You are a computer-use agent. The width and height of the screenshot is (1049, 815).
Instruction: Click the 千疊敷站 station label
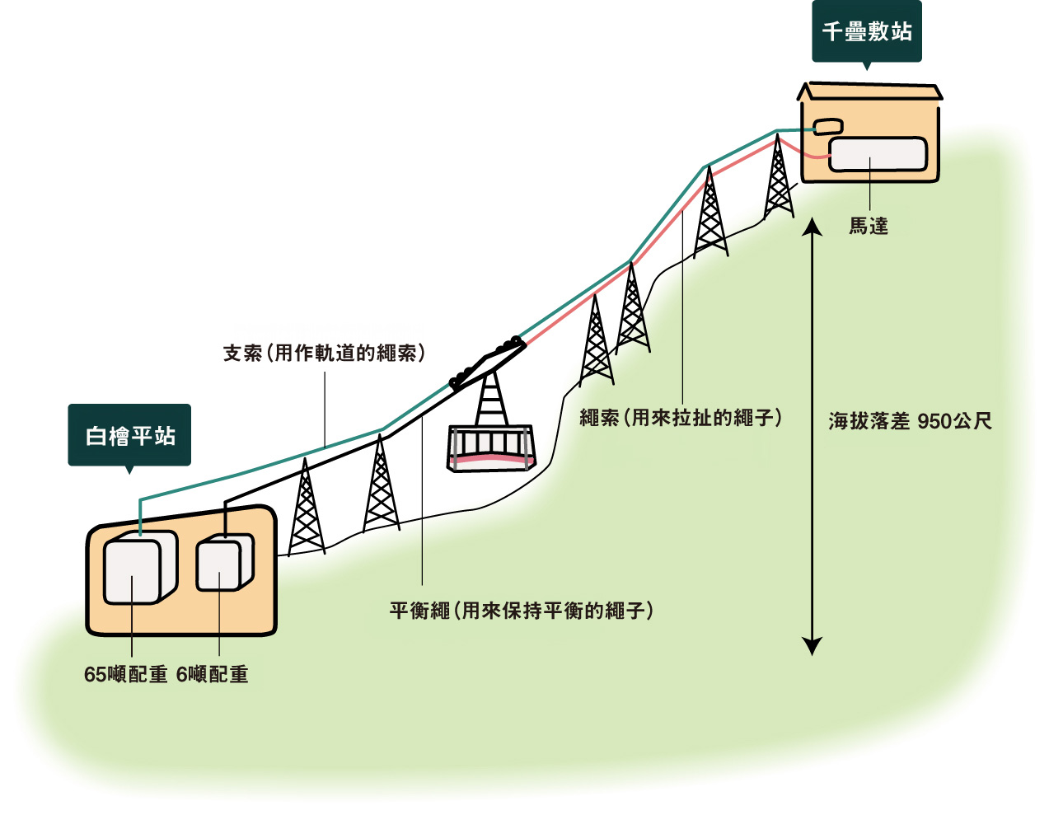[867, 32]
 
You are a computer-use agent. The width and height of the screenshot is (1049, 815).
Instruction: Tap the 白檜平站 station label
[129, 436]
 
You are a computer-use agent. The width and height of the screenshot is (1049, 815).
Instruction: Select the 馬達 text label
[869, 226]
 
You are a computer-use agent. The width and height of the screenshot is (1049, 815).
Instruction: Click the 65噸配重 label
[126, 675]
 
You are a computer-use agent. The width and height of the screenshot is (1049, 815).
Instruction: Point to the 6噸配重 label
[213, 675]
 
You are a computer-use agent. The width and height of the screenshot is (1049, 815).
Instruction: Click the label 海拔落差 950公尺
[911, 421]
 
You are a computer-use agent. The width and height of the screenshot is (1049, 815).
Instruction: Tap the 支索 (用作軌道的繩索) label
[325, 354]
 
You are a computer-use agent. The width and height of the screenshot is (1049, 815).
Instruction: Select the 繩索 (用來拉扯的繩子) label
[681, 418]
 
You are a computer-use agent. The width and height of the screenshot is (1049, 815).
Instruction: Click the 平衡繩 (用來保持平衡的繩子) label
[522, 611]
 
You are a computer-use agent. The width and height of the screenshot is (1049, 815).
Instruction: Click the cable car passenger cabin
[491, 447]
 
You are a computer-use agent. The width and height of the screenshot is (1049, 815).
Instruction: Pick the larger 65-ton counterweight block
[140, 567]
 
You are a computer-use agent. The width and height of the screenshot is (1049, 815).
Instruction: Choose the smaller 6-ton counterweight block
[225, 562]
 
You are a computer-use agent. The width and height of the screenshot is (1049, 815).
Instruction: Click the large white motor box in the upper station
[878, 154]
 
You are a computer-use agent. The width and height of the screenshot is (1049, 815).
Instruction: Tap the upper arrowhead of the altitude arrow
[812, 226]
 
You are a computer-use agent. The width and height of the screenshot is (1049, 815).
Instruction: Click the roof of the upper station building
[869, 91]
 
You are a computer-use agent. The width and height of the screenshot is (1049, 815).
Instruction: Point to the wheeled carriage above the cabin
[488, 363]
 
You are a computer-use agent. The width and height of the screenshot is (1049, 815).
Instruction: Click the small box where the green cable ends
[828, 126]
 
